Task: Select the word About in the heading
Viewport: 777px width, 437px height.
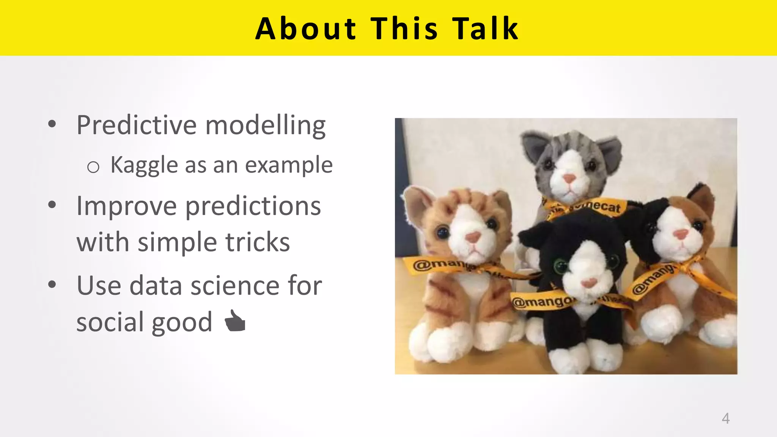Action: point(306,28)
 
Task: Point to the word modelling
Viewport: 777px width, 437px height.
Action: point(265,125)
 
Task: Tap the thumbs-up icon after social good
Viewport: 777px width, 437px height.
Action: point(235,321)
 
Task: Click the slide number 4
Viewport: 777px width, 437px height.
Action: point(725,418)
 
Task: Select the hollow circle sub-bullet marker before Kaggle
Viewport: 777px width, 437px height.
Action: point(93,167)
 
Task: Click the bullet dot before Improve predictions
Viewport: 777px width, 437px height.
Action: point(52,205)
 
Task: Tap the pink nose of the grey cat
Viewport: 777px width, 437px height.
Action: point(569,178)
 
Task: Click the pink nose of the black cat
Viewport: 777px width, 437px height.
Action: point(588,282)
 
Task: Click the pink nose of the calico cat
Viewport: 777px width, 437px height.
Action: point(680,234)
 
